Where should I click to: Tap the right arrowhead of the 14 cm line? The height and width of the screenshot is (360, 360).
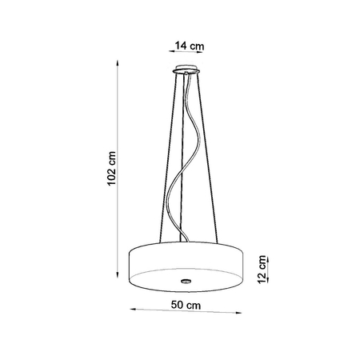click(205, 54)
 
